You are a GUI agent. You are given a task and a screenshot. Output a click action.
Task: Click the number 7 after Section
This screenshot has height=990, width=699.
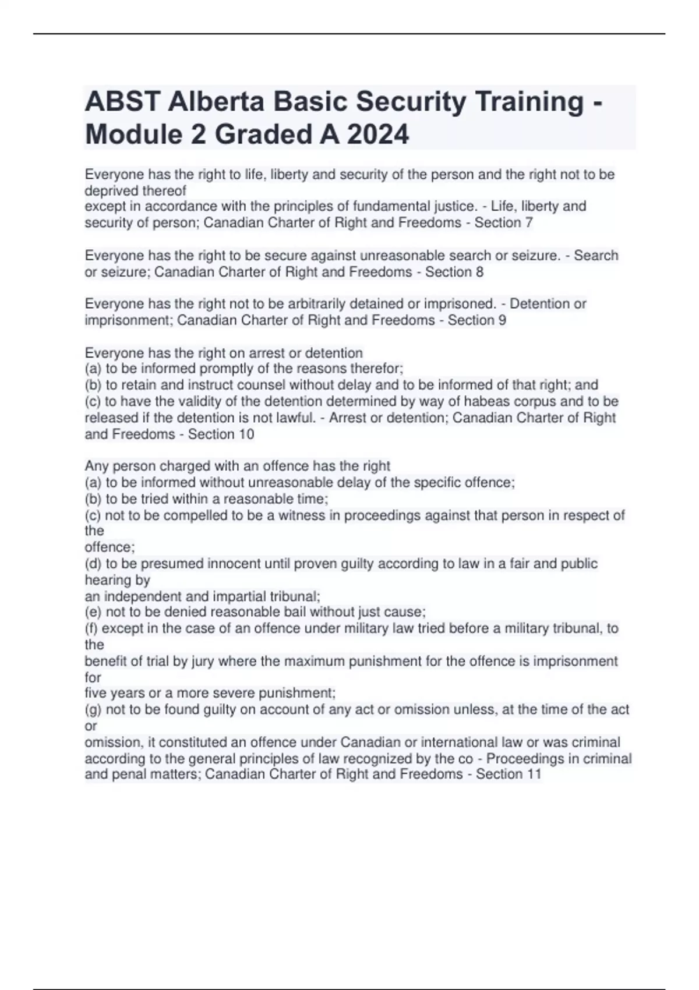(x=528, y=222)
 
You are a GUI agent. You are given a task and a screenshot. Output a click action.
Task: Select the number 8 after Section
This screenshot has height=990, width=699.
(x=479, y=272)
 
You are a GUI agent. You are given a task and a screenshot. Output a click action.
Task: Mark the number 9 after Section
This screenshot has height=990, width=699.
(x=502, y=320)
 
